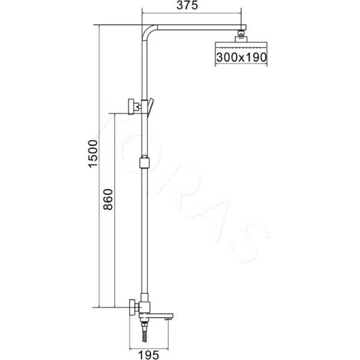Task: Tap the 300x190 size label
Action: click(x=240, y=57)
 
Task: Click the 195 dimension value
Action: click(x=151, y=355)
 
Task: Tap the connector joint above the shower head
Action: click(x=241, y=34)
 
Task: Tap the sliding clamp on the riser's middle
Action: click(x=143, y=161)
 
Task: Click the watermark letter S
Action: click(x=251, y=242)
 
